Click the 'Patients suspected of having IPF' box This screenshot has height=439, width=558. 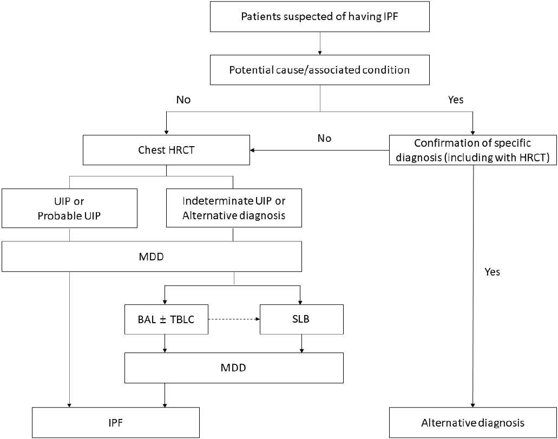click(319, 16)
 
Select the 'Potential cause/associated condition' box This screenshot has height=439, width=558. click(319, 70)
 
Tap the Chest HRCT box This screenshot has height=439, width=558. click(166, 150)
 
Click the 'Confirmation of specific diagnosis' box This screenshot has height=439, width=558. click(472, 150)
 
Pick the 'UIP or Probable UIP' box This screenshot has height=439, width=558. click(69, 208)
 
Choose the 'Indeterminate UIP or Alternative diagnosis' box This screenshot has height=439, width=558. click(234, 208)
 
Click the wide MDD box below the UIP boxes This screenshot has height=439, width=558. click(152, 257)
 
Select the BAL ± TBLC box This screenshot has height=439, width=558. click(166, 319)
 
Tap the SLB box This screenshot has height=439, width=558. click(301, 319)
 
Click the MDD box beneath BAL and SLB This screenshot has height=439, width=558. click(234, 368)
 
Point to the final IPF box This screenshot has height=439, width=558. click(116, 423)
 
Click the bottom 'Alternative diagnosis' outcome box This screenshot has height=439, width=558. click(472, 423)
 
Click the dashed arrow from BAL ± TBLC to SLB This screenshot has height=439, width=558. click(234, 319)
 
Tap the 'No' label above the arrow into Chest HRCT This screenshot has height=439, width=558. click(324, 138)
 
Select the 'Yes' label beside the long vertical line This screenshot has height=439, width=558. click(492, 272)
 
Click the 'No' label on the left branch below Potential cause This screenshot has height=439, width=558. click(183, 100)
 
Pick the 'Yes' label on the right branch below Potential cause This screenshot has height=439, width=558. click(456, 100)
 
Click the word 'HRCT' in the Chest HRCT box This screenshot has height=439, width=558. click(181, 150)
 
